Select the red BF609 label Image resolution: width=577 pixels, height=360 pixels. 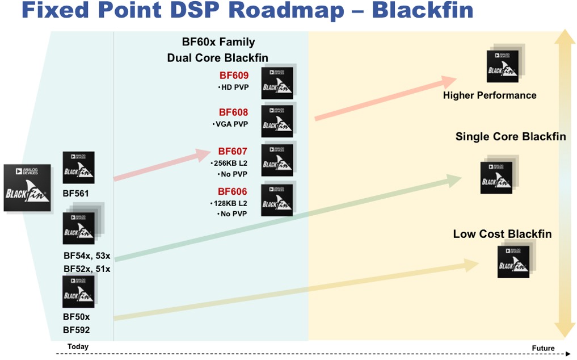pyautogui.click(x=234, y=76)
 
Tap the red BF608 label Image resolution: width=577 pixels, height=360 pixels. pyautogui.click(x=233, y=112)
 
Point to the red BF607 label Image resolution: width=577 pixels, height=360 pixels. pyautogui.click(x=233, y=152)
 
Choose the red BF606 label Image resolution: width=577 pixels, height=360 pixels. pyautogui.click(x=233, y=191)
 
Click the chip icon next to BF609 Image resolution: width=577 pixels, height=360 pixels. pyautogui.click(x=277, y=83)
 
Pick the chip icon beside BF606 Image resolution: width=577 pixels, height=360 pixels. pyautogui.click(x=277, y=200)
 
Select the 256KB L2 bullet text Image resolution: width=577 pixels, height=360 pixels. pyautogui.click(x=230, y=163)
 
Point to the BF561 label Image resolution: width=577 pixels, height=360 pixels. pyautogui.click(x=75, y=194)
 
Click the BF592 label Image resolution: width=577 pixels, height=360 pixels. pyautogui.click(x=76, y=330)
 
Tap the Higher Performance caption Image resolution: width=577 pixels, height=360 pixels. pyautogui.click(x=489, y=95)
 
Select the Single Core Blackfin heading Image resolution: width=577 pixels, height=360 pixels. pyautogui.click(x=510, y=137)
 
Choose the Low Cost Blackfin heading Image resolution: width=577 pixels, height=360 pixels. pyautogui.click(x=502, y=234)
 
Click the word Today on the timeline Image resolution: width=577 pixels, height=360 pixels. pyautogui.click(x=78, y=347)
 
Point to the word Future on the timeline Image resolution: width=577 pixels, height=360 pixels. pyautogui.click(x=543, y=348)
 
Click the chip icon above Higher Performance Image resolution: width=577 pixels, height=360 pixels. pyautogui.click(x=503, y=66)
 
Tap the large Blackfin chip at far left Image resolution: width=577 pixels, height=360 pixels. pyautogui.click(x=27, y=188)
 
